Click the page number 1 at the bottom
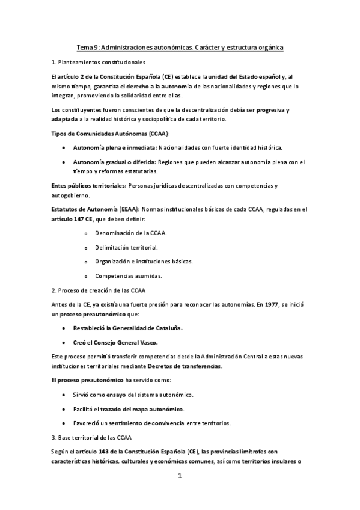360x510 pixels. point(179,476)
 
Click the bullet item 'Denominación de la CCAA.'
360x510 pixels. point(130,232)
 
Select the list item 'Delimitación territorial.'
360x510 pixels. point(126,247)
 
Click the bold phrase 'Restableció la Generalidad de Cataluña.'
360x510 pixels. point(128,328)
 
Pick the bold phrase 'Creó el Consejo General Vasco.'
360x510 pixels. point(115,343)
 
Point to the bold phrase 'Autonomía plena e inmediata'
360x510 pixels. point(114,147)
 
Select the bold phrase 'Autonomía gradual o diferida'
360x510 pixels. point(114,162)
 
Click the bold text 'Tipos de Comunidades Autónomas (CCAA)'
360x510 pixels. point(110,133)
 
